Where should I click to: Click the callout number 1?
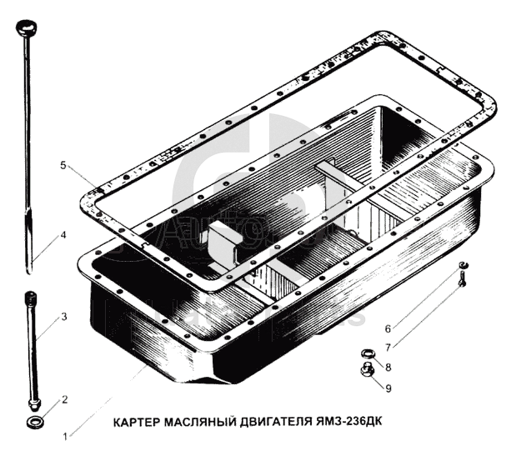coord(66,436)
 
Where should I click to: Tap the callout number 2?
coord(64,399)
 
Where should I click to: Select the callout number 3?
coord(64,317)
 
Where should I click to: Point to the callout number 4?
coord(63,235)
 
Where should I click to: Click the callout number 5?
coord(63,165)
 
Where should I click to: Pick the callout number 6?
coord(388,328)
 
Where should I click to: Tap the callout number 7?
coord(388,348)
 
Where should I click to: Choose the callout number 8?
coord(388,368)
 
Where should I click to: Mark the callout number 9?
coord(388,388)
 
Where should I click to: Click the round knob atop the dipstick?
coord(26,28)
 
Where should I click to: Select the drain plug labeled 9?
coord(368,370)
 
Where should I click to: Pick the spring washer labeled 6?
coord(463,265)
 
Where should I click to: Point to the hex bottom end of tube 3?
coord(34,404)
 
